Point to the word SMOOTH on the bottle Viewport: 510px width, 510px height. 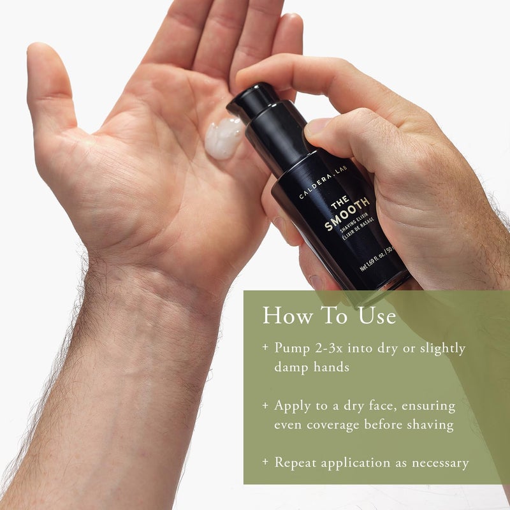coord(347,215)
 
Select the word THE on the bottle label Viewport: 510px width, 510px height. coord(338,205)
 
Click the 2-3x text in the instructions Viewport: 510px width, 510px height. coord(330,349)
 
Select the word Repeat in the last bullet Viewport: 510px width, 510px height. coord(296,462)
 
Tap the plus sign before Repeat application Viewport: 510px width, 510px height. coord(265,462)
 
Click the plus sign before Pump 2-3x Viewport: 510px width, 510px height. coord(265,349)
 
